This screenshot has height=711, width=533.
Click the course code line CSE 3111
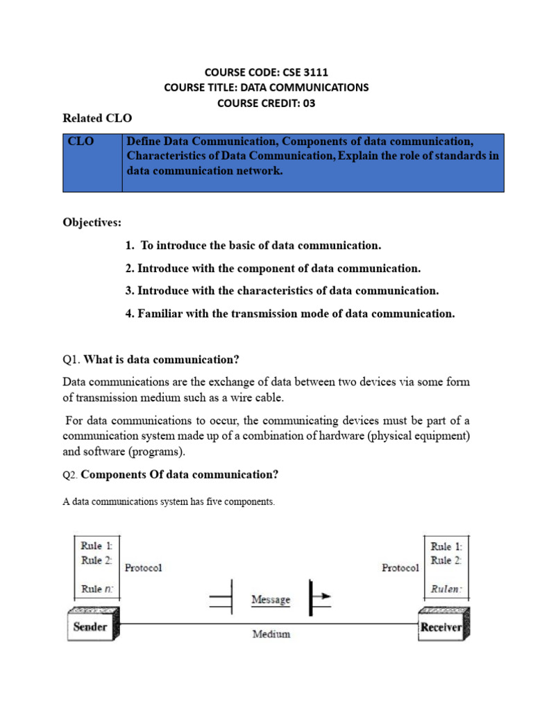point(266,72)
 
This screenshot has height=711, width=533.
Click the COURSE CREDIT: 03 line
point(266,103)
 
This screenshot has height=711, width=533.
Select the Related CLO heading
point(97,119)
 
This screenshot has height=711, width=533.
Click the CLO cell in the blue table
point(81,142)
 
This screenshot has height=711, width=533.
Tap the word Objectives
point(92,223)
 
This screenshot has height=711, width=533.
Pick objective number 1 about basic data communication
point(253,246)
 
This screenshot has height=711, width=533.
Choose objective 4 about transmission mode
point(290,313)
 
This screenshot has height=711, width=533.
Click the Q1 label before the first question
point(71,360)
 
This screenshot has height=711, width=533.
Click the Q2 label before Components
point(71,475)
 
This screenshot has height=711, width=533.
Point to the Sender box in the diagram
point(92,627)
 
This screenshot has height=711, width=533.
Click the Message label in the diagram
point(271,599)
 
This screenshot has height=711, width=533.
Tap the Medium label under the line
point(271,634)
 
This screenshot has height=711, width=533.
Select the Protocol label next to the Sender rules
point(143,568)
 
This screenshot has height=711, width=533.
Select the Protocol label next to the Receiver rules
point(400,568)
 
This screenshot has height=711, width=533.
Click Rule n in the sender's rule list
point(96,588)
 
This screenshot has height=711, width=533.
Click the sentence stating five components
point(169,502)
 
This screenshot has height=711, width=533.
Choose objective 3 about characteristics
point(282,290)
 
